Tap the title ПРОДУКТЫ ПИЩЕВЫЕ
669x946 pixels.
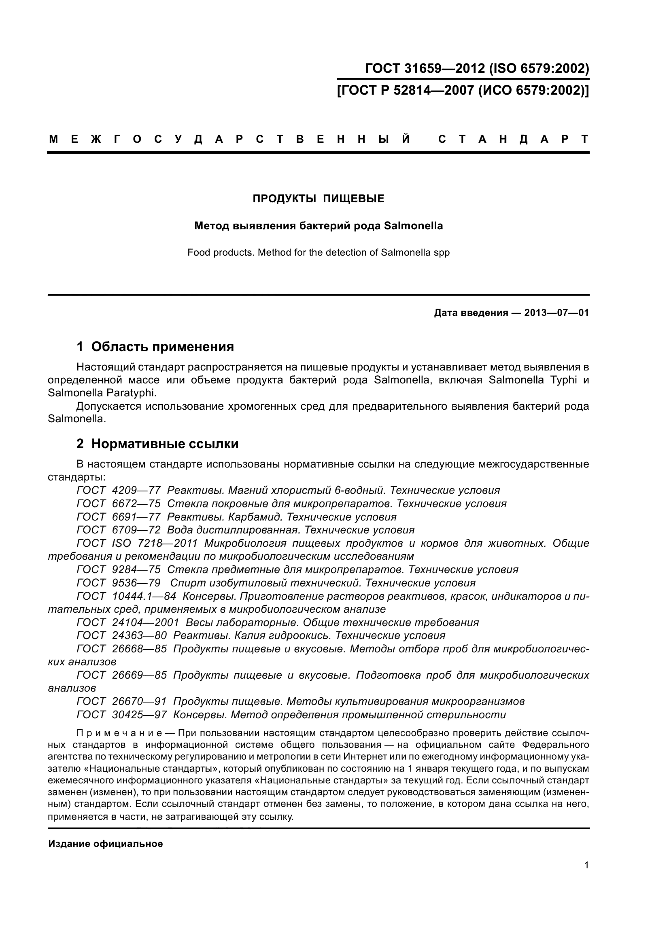click(318, 199)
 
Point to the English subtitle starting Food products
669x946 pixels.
click(318, 252)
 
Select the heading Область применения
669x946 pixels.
click(162, 347)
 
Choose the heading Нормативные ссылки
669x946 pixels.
click(165, 444)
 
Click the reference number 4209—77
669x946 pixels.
click(136, 490)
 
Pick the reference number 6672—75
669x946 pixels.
click(136, 504)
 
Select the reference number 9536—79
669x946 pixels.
click(136, 582)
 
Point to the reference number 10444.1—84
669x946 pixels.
click(144, 596)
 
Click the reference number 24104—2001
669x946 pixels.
click(146, 622)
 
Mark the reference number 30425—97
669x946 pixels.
click(139, 714)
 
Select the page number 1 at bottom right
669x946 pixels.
click(586, 865)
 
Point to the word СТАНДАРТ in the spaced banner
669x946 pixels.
click(513, 139)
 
